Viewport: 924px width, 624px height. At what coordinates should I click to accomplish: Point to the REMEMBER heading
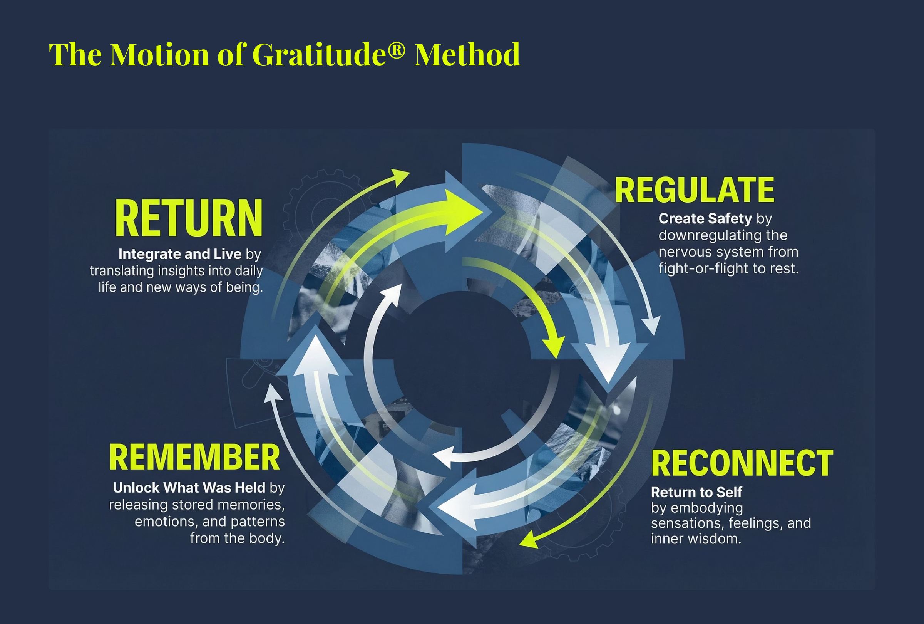194,457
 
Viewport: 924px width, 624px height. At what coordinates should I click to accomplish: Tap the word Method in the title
467,54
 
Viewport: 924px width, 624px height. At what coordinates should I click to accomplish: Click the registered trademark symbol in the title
396,49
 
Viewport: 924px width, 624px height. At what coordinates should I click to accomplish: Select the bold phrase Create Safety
705,218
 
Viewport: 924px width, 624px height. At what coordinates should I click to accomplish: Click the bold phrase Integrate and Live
180,254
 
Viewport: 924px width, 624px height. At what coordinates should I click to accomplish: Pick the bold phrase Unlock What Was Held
189,488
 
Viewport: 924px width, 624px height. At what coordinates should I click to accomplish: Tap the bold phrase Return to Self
696,492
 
